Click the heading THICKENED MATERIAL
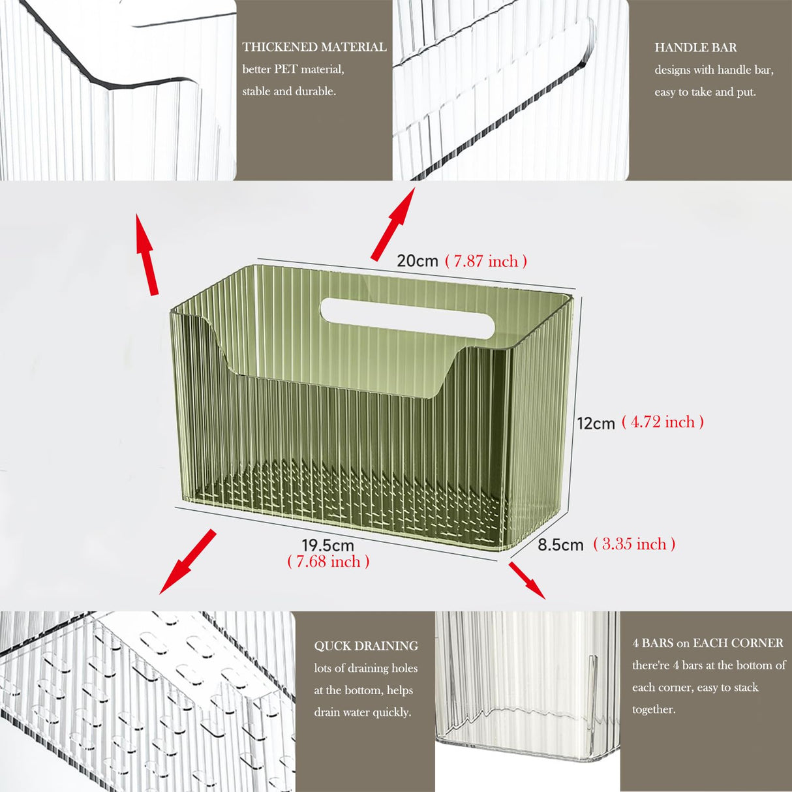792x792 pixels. (x=314, y=47)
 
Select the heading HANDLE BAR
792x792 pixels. (x=695, y=48)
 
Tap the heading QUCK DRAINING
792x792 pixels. (x=366, y=646)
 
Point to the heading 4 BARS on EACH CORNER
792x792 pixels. (x=707, y=643)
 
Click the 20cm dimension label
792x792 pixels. (x=418, y=261)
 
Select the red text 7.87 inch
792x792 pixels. (x=486, y=262)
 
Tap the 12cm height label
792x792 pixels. (x=596, y=423)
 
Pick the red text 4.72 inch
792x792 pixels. (x=662, y=422)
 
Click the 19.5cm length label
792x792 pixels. (x=327, y=545)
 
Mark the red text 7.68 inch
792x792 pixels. (x=328, y=562)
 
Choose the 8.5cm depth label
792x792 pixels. (x=560, y=545)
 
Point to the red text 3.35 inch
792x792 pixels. (x=634, y=544)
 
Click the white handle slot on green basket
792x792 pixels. (x=406, y=318)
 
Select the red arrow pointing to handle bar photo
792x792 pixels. (x=393, y=224)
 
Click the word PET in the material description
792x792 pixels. (x=285, y=69)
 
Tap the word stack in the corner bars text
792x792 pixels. (x=745, y=688)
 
